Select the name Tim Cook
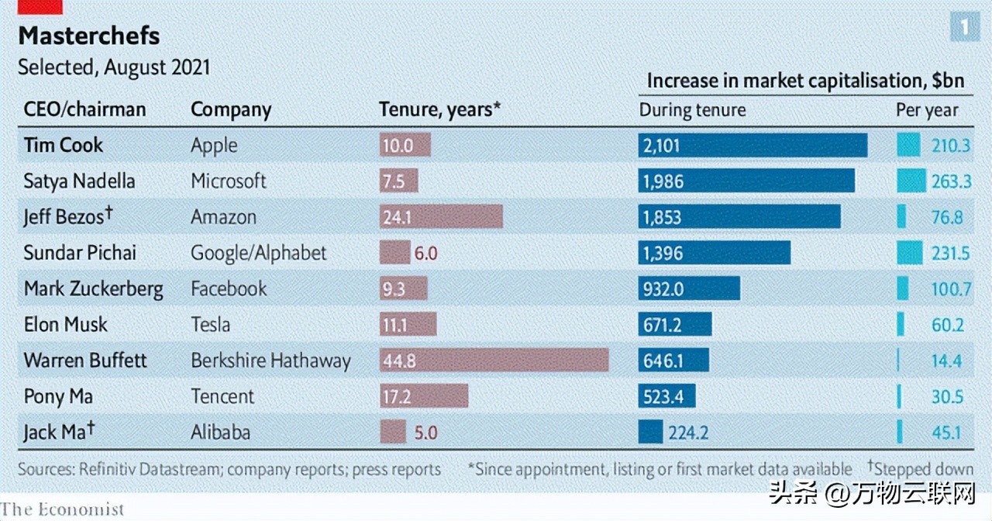(64, 145)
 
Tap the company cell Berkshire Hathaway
(270, 361)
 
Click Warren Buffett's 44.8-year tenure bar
(494, 361)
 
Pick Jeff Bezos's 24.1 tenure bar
(441, 216)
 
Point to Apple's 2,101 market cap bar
(752, 145)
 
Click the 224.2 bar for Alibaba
(650, 432)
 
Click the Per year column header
(927, 110)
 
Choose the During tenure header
(692, 110)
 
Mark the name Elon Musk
(66, 324)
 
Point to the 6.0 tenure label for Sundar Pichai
(426, 253)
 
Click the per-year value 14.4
(947, 361)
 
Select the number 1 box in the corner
(964, 28)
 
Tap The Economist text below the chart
(62, 509)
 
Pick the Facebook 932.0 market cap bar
(689, 288)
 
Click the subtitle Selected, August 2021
(114, 67)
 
